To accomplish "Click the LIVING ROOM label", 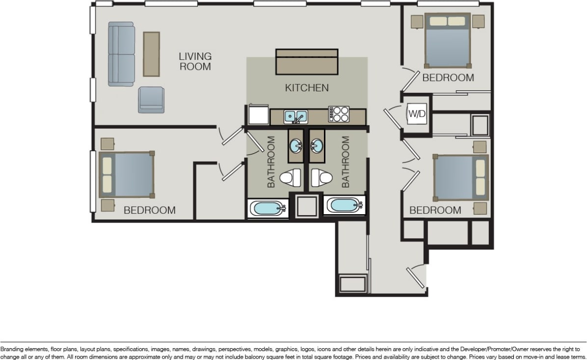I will [195, 61].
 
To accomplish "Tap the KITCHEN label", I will [307, 88].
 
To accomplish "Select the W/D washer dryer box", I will [417, 114].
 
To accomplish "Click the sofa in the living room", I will [121, 54].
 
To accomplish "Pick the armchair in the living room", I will [151, 100].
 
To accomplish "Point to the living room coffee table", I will [151, 54].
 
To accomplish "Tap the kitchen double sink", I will [296, 116].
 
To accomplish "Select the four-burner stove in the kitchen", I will [339, 114].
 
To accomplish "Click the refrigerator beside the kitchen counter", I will [258, 115].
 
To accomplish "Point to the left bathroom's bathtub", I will [267, 208].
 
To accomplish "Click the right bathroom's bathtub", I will [344, 205].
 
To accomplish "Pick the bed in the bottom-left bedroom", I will [127, 174].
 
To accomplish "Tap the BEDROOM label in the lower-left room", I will [149, 210].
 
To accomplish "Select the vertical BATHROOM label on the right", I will [346, 162].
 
